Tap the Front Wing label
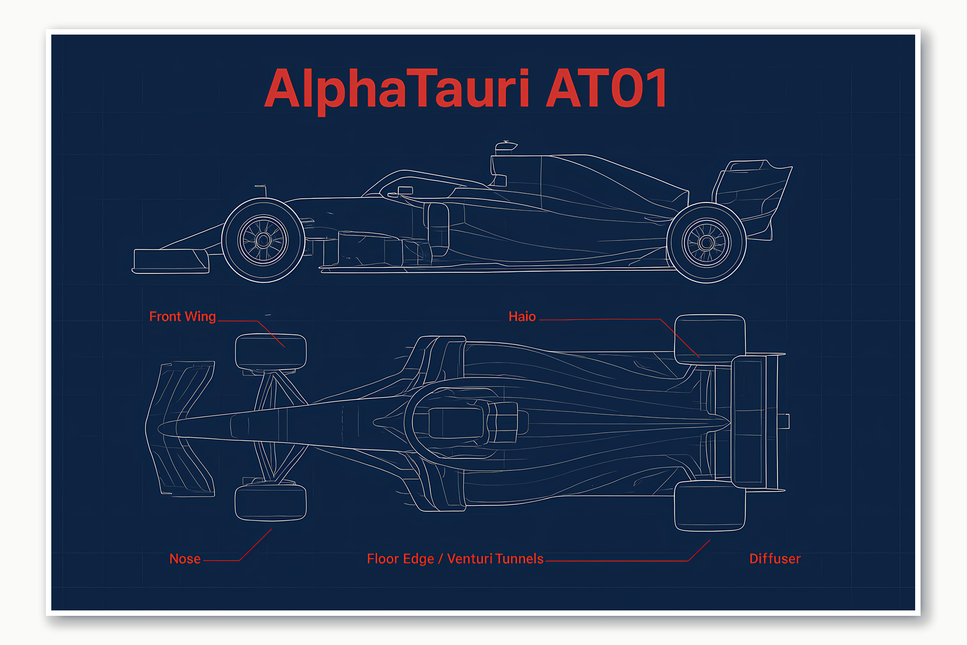coord(182,317)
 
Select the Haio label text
coord(522,317)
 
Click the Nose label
coord(185,559)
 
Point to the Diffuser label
coord(775,559)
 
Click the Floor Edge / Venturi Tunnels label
coord(455,559)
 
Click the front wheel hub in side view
coord(263,240)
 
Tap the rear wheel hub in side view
coord(706,243)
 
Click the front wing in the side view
coord(170,260)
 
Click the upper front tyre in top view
coord(271,352)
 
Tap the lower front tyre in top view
coord(271,502)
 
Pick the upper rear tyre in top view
coord(709,339)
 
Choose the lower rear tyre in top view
coord(709,506)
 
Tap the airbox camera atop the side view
coord(506,145)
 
